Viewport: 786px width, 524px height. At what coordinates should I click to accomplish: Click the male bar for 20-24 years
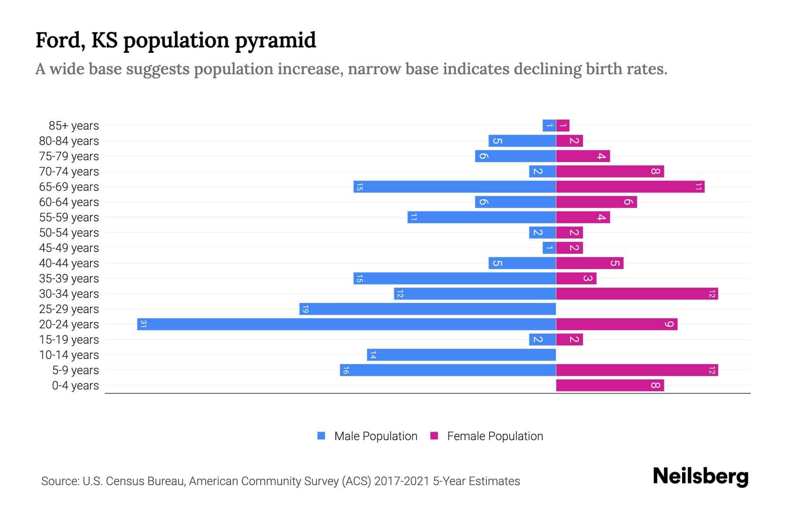pyautogui.click(x=346, y=324)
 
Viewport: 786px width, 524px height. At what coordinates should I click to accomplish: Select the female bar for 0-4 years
pyautogui.click(x=610, y=385)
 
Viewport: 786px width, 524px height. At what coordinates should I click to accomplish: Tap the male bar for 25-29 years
pyautogui.click(x=427, y=309)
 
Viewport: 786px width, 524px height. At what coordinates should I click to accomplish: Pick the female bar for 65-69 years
pyautogui.click(x=630, y=186)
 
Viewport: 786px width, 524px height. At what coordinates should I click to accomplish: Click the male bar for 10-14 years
pyautogui.click(x=461, y=355)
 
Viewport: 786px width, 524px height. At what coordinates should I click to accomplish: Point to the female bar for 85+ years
pyautogui.click(x=562, y=125)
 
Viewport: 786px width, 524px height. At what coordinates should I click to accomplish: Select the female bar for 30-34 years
pyautogui.click(x=637, y=293)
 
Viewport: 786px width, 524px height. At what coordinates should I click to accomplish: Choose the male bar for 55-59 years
pyautogui.click(x=482, y=217)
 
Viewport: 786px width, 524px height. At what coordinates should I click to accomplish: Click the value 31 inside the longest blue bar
pyautogui.click(x=143, y=324)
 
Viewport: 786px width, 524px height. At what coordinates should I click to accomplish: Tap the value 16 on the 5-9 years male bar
pyautogui.click(x=346, y=370)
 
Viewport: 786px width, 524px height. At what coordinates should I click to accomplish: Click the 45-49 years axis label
pyautogui.click(x=69, y=248)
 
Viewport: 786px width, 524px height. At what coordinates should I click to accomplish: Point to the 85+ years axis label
pyautogui.click(x=74, y=125)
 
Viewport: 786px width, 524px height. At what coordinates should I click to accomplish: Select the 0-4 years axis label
pyautogui.click(x=76, y=385)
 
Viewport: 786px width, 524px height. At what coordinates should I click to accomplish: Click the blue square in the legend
pyautogui.click(x=321, y=436)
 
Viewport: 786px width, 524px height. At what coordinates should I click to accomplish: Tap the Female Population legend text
pyautogui.click(x=495, y=436)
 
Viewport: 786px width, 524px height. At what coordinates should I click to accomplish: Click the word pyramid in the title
pyautogui.click(x=275, y=41)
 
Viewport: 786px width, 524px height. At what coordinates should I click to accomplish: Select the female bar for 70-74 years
pyautogui.click(x=610, y=171)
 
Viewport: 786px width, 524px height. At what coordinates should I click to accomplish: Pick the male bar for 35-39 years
pyautogui.click(x=455, y=278)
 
